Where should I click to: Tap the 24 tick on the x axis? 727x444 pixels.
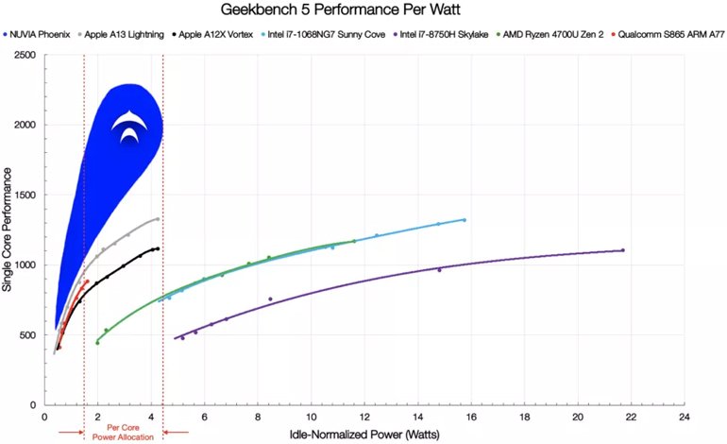click(x=684, y=416)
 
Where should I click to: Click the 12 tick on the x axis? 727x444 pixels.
click(x=364, y=416)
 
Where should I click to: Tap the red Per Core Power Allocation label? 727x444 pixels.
click(x=124, y=433)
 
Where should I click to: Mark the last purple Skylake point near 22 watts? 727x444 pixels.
click(x=622, y=250)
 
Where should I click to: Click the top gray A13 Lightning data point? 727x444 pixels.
click(x=157, y=219)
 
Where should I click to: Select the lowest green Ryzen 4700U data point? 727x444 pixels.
click(x=97, y=342)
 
